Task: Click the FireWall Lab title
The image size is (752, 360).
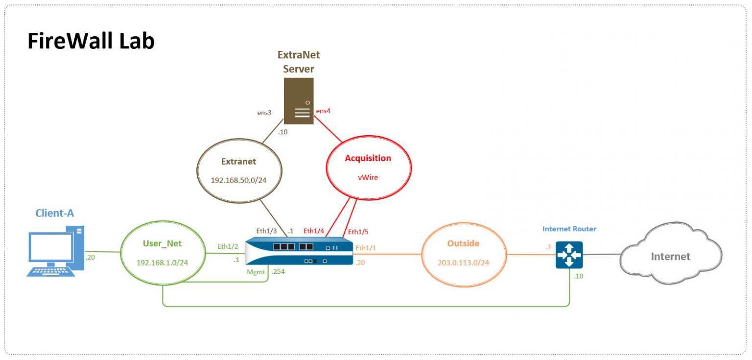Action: (91, 41)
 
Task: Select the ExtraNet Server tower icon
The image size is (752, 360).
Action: (299, 101)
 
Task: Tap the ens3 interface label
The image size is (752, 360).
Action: (264, 113)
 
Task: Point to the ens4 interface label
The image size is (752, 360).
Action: (323, 111)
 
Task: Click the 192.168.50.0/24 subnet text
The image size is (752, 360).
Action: (238, 180)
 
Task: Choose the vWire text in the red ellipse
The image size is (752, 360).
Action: (368, 178)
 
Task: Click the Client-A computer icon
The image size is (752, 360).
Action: (55, 251)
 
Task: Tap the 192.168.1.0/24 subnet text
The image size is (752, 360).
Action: (162, 263)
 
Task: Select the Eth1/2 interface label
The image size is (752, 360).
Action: (228, 246)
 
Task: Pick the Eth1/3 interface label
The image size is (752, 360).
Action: (266, 231)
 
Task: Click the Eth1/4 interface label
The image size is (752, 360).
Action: (313, 231)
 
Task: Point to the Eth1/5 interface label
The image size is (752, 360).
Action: (358, 232)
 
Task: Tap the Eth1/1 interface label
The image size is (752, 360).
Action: (366, 248)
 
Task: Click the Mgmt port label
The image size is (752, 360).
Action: (256, 272)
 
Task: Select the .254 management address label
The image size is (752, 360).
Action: (278, 271)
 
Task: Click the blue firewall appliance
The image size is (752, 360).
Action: (299, 251)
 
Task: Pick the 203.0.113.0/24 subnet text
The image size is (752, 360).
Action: (463, 263)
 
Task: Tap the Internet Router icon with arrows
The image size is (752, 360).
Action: (569, 255)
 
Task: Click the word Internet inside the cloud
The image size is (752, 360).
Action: (670, 257)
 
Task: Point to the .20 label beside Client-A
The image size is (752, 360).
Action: (90, 257)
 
